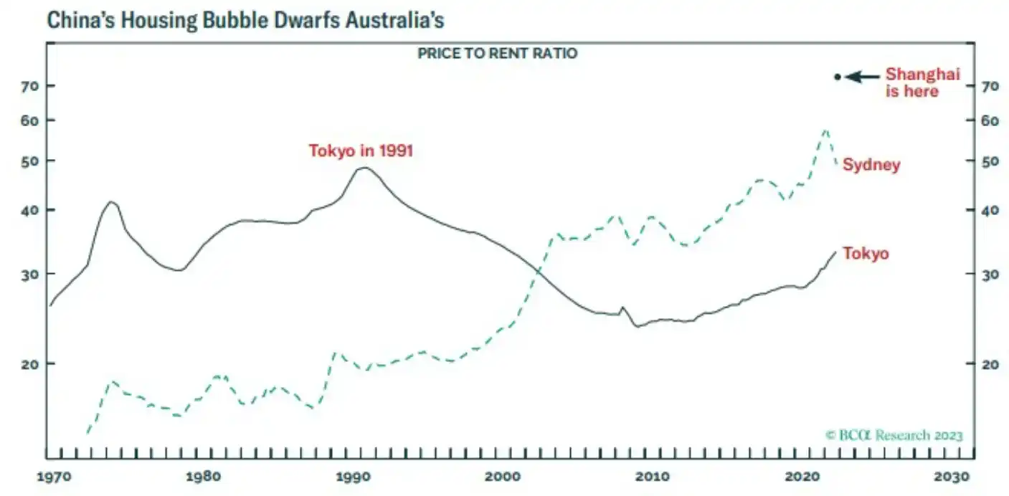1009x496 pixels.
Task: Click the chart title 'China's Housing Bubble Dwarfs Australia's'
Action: [x=245, y=20]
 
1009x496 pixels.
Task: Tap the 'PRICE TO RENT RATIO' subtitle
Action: [x=497, y=54]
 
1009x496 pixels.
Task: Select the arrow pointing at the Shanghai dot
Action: [x=862, y=77]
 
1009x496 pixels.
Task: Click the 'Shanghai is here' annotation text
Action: [x=922, y=82]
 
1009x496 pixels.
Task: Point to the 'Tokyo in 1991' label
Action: [x=361, y=151]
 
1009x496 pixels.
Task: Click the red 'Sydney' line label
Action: [x=871, y=165]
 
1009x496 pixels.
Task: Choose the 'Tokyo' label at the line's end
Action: [x=866, y=254]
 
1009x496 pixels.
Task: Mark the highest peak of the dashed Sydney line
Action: [x=826, y=130]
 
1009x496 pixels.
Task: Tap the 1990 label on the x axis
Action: [x=353, y=477]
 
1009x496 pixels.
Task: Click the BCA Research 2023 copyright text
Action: [x=894, y=435]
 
